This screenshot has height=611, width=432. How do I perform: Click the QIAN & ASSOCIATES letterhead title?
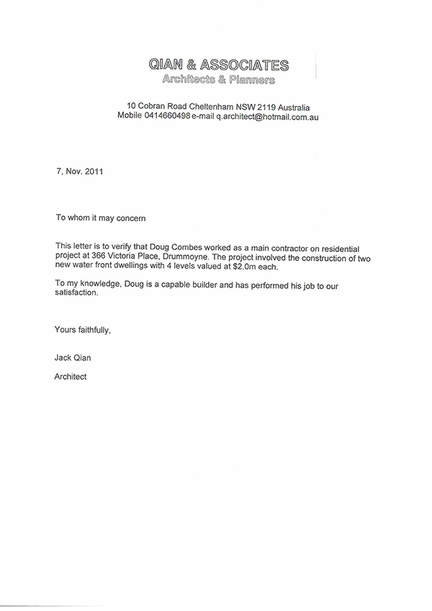click(x=217, y=66)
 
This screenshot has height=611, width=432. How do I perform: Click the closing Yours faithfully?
click(x=83, y=331)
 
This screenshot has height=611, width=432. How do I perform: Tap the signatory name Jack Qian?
click(x=74, y=357)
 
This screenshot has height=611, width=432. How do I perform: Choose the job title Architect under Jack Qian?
click(x=71, y=376)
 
